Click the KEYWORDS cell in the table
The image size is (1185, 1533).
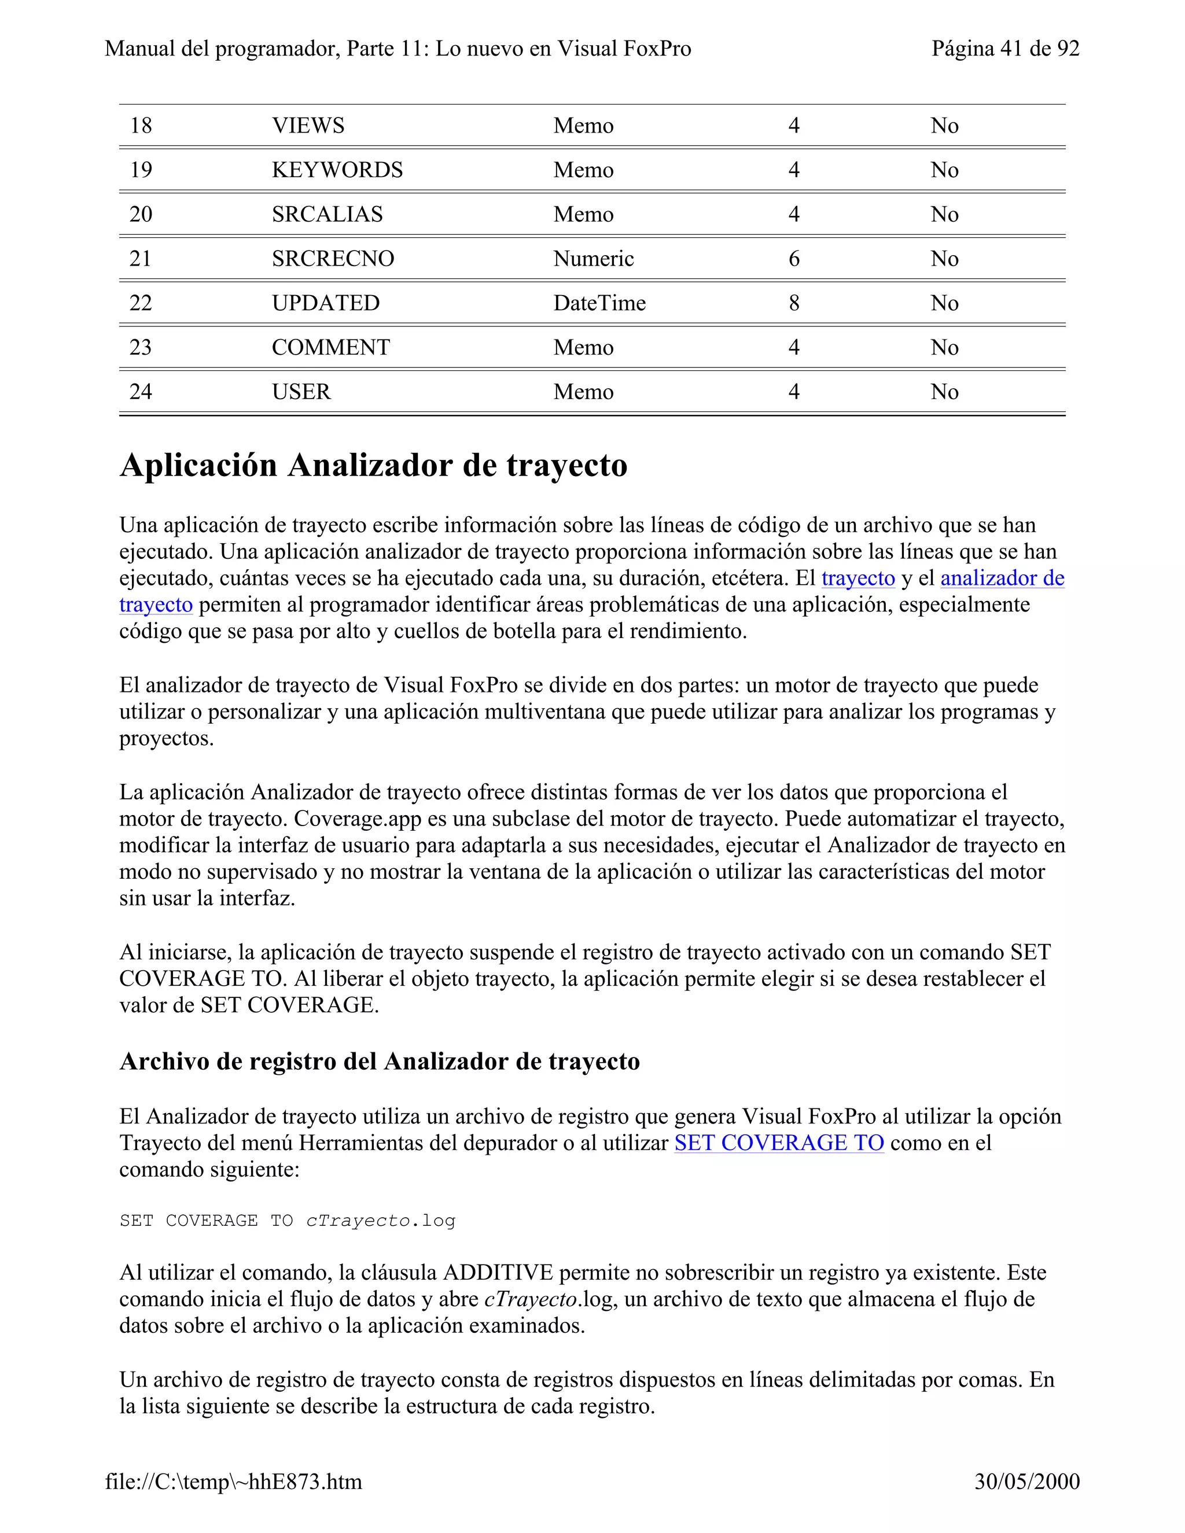point(337,170)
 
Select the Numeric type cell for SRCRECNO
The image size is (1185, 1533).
point(593,259)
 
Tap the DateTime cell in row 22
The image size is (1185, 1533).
point(599,303)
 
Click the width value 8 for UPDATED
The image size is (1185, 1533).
point(793,303)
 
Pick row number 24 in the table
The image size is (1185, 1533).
point(141,391)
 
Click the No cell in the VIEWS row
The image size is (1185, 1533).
point(944,126)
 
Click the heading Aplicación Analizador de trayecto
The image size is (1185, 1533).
point(373,465)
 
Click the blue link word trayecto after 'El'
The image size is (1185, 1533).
point(858,578)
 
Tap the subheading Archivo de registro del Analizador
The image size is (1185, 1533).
point(379,1062)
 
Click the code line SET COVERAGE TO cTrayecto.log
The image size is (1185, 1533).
point(287,1221)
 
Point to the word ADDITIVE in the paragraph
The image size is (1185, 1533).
point(498,1273)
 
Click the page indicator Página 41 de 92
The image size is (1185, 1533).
point(1004,49)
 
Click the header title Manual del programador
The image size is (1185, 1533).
point(398,49)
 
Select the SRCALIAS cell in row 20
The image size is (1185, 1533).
point(327,214)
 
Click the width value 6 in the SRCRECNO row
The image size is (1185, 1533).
point(793,259)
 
